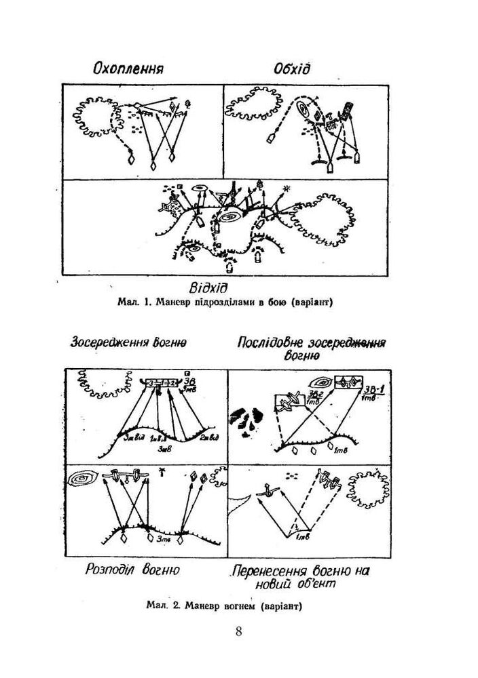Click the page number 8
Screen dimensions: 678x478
pyautogui.click(x=238, y=632)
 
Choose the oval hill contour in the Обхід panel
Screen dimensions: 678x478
pyautogui.click(x=303, y=110)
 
